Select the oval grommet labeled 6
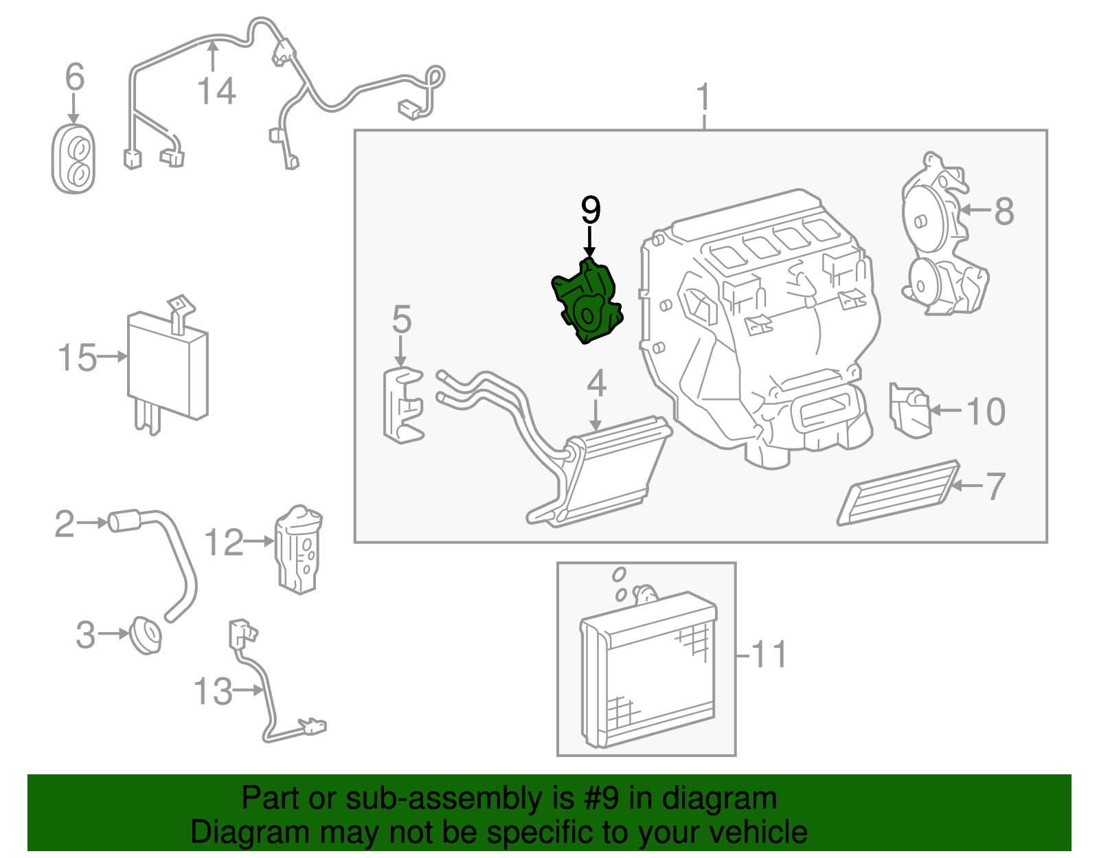coord(73,159)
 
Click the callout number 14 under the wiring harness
coord(216,91)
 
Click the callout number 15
coord(77,358)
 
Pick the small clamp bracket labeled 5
coord(403,405)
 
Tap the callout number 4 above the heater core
coord(596,383)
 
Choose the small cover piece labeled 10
coord(909,410)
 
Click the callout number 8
coord(1004,211)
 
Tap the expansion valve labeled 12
coord(299,550)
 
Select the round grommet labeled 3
coord(145,635)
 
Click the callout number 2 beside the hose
coord(64,524)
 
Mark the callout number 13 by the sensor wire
coord(213,691)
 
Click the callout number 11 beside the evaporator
coord(769,655)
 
